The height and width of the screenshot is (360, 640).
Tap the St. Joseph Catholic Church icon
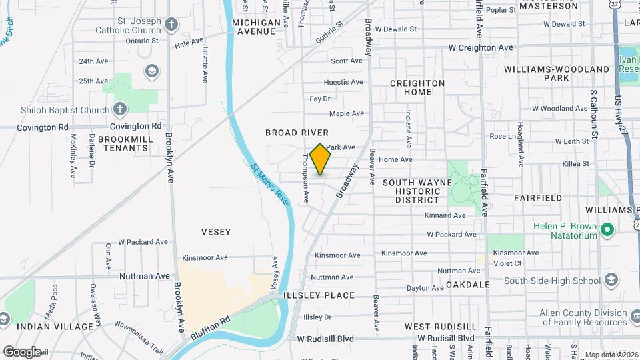click(171, 25)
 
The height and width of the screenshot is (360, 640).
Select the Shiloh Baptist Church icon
click(119, 109)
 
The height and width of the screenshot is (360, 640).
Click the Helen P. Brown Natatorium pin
click(607, 231)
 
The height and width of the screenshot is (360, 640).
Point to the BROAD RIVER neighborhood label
click(297, 133)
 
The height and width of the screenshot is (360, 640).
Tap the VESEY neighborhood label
click(216, 232)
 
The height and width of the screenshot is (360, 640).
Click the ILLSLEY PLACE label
click(319, 295)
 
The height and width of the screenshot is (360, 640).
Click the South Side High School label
click(552, 281)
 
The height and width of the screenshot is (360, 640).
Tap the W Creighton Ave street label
click(481, 48)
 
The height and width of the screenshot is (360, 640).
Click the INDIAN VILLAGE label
click(55, 327)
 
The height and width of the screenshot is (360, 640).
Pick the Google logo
click(22, 351)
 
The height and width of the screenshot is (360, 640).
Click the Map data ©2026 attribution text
click(611, 355)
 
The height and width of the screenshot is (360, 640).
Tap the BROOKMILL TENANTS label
click(125, 144)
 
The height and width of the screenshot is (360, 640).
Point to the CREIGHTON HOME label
click(417, 87)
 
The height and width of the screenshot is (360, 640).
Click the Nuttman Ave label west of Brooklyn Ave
click(145, 276)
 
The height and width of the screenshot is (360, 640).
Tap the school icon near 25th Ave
click(152, 71)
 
